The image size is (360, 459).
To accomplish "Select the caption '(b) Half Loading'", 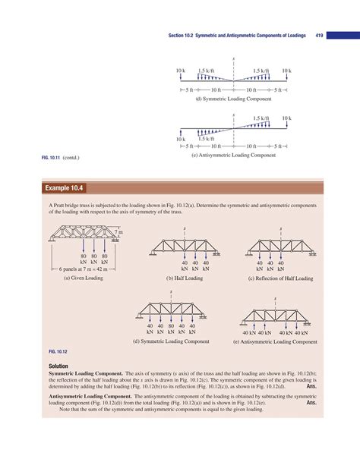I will (x=185, y=278).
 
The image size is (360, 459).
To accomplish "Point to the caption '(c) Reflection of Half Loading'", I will (x=280, y=278).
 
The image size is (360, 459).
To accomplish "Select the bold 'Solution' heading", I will (x=62, y=366).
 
